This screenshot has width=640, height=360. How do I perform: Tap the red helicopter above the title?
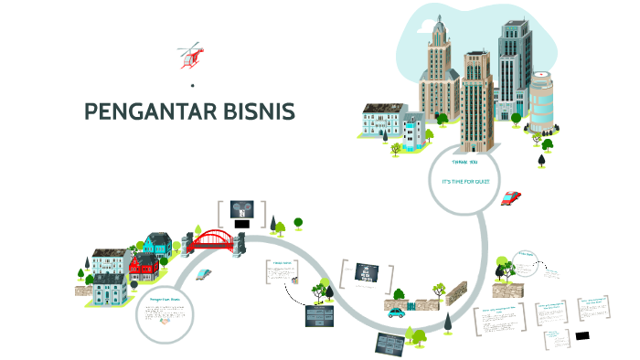tap(191, 56)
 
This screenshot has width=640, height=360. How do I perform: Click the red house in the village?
tap(144, 268)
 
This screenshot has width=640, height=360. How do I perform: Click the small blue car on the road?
tap(396, 312)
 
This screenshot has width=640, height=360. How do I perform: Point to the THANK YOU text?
tap(464, 163)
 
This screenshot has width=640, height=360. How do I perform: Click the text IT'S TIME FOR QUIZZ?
tap(465, 181)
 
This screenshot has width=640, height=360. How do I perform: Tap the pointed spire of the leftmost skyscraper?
tap(437, 20)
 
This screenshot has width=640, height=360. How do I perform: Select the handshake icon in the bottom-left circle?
tap(165, 320)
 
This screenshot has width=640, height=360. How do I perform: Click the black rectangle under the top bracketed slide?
tap(242, 223)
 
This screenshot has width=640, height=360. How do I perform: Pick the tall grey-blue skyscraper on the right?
tap(514, 64)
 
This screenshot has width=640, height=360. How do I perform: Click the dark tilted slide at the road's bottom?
tap(390, 344)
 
